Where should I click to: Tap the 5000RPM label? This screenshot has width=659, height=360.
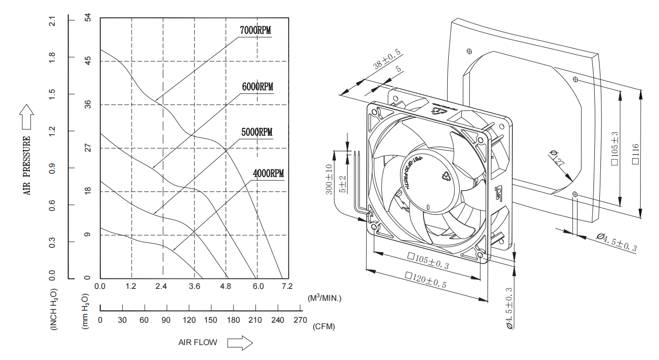point(257,132)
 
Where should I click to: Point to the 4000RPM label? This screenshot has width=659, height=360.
point(268,174)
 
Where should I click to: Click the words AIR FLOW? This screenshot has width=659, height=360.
point(198,343)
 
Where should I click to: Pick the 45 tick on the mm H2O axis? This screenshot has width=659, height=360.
point(88,61)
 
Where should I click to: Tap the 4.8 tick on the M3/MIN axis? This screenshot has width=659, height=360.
point(226,286)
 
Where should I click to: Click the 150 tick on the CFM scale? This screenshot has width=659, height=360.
point(210,320)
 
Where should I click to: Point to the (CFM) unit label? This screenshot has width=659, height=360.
point(324,327)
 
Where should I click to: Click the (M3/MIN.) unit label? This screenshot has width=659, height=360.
point(325,298)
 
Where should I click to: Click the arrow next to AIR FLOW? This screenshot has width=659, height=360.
point(240,343)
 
